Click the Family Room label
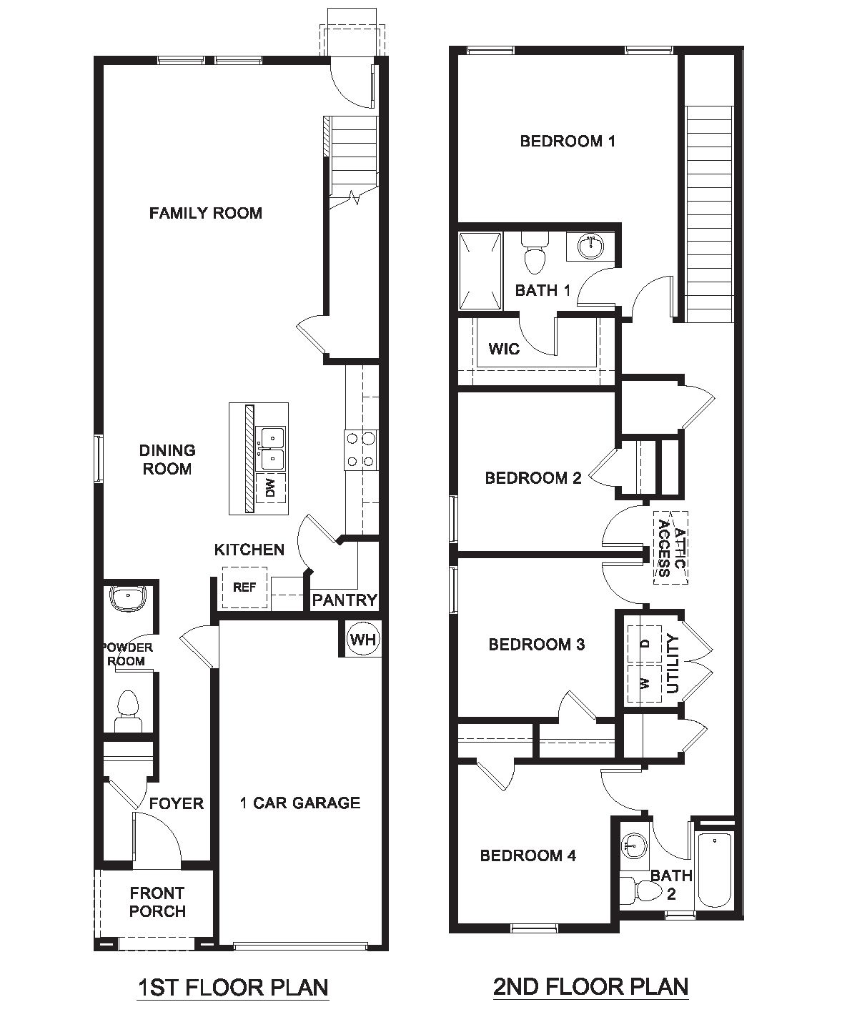tap(205, 213)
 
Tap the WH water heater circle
tap(363, 639)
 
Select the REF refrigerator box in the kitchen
tap(244, 587)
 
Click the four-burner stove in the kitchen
tap(361, 451)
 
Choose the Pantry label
tap(345, 600)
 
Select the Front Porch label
tap(157, 902)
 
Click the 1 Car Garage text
tap(299, 803)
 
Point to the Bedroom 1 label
tap(568, 141)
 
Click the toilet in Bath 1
tap(534, 254)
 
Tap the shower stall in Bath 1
tap(479, 271)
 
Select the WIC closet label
tap(504, 349)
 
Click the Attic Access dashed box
tap(671, 548)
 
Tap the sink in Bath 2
tap(632, 846)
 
